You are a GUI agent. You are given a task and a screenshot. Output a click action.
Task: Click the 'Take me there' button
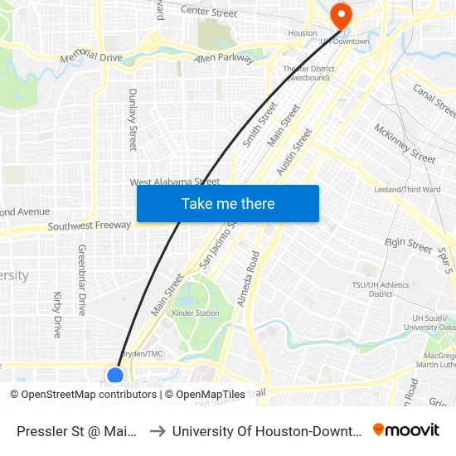[x=228, y=203]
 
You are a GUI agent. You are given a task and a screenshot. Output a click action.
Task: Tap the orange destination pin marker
[x=340, y=15]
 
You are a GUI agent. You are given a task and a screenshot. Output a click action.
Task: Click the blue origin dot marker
[x=115, y=376]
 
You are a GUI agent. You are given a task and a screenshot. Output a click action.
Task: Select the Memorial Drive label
[x=91, y=58]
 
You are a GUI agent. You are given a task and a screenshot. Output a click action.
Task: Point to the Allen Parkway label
[x=222, y=58]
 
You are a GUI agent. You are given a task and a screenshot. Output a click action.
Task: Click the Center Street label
[x=208, y=12]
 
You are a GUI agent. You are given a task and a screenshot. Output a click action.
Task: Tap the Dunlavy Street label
[x=133, y=120]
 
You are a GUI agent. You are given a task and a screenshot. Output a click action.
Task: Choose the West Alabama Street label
[x=174, y=182]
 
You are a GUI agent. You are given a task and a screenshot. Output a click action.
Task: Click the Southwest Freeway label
[x=89, y=226]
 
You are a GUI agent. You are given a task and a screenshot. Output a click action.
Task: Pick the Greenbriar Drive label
[x=82, y=279]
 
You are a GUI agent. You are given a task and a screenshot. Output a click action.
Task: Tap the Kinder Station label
[x=196, y=313]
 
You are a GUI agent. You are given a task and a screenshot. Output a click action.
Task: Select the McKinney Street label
[x=405, y=143]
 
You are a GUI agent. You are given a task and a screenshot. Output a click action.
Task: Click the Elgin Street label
[x=409, y=245]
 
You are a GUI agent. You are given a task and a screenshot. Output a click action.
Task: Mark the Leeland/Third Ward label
[x=406, y=190]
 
